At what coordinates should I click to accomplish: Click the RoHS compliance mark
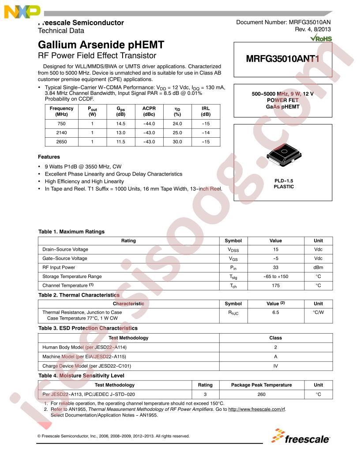[321, 38]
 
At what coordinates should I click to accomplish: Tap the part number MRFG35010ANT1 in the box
[282, 58]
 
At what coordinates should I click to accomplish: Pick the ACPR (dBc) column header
[149, 111]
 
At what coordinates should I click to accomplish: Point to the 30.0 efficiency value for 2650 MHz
[177, 142]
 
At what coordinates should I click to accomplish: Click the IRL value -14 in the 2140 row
[206, 133]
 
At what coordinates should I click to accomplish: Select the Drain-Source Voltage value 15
[276, 250]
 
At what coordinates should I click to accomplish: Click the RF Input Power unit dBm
[318, 267]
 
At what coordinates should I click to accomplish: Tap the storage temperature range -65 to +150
[276, 277]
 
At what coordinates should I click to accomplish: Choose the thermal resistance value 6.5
[276, 312]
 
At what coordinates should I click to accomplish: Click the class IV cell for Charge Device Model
[276, 366]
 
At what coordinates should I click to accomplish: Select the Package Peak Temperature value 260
[261, 394]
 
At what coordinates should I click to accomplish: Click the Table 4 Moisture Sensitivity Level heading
[81, 376]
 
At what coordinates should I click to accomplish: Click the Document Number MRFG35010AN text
[283, 23]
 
